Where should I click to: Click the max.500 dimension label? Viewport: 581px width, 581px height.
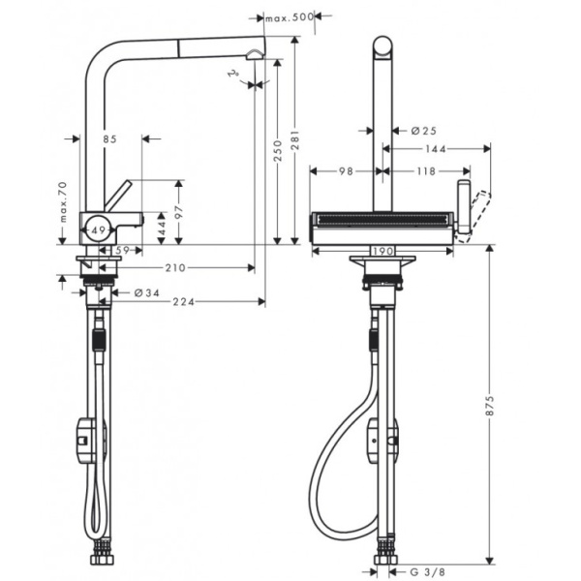pyautogui.click(x=290, y=17)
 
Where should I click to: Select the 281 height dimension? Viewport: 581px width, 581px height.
pyautogui.click(x=294, y=145)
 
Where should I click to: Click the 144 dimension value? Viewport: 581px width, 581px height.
pyautogui.click(x=435, y=150)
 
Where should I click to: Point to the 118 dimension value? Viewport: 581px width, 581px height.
pyautogui.click(x=426, y=171)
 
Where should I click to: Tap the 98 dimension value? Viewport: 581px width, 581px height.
pyautogui.click(x=346, y=171)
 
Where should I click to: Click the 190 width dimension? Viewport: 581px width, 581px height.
pyautogui.click(x=382, y=250)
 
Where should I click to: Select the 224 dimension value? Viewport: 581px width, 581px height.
pyautogui.click(x=183, y=302)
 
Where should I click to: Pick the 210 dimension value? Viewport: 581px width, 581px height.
pyautogui.click(x=174, y=268)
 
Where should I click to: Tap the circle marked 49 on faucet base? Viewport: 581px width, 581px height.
pyautogui.click(x=96, y=229)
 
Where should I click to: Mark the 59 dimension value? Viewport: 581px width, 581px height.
pyautogui.click(x=122, y=250)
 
